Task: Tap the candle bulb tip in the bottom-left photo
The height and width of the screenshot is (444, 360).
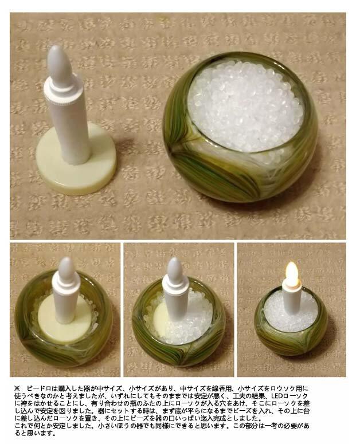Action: [x=66, y=269]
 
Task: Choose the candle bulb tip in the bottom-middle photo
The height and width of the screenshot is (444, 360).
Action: [x=175, y=270]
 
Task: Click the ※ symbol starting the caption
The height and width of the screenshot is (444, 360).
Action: [x=17, y=388]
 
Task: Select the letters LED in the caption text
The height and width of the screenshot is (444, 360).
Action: [x=277, y=395]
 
